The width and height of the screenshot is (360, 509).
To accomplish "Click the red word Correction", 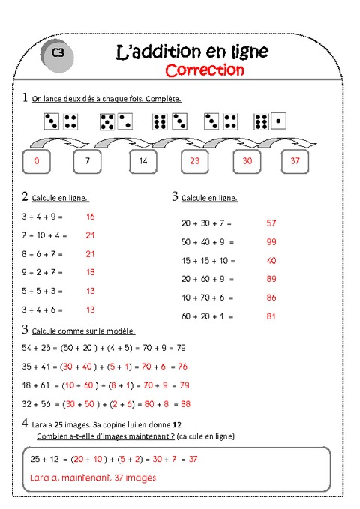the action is click(204, 70).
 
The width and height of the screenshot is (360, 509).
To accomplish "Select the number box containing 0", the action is click(37, 160).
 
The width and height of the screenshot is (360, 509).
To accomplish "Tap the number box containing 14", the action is click(143, 160).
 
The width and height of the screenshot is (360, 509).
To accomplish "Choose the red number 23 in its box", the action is click(194, 160).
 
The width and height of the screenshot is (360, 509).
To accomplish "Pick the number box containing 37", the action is click(295, 160).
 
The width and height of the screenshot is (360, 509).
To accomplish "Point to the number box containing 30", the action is click(247, 160).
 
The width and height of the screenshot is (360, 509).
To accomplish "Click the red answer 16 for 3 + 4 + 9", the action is click(91, 216).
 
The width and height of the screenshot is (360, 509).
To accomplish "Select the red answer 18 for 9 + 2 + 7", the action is click(91, 272).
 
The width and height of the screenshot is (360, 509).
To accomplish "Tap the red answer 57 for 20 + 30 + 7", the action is click(271, 223).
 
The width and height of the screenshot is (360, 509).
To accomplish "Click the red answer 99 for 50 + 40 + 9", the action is click(271, 241).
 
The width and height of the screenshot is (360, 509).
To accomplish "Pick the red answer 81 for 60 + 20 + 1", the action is click(271, 316).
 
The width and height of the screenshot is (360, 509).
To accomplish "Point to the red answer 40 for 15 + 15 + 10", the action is click(271, 260).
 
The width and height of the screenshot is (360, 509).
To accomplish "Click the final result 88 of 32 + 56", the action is click(186, 403).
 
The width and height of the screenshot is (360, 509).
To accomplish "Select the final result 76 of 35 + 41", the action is click(182, 367).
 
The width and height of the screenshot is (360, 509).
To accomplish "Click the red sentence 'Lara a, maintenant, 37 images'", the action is click(94, 477).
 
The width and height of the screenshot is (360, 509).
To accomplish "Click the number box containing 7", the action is click(87, 160).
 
